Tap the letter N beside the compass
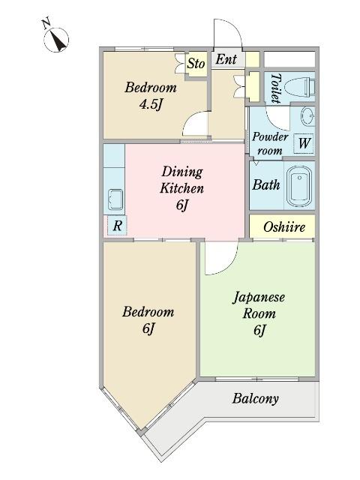(x=46, y=23)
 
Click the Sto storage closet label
(x=196, y=64)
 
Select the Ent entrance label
(x=226, y=59)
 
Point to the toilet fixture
(x=299, y=86)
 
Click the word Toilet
(x=276, y=88)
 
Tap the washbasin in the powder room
(x=307, y=117)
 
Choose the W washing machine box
(x=304, y=143)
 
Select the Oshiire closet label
(x=284, y=226)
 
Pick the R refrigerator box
(x=117, y=226)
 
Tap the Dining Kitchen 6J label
(x=181, y=188)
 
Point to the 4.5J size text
(x=150, y=105)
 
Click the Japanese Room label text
(x=259, y=305)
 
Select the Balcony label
(x=255, y=398)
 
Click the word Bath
(x=266, y=185)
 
